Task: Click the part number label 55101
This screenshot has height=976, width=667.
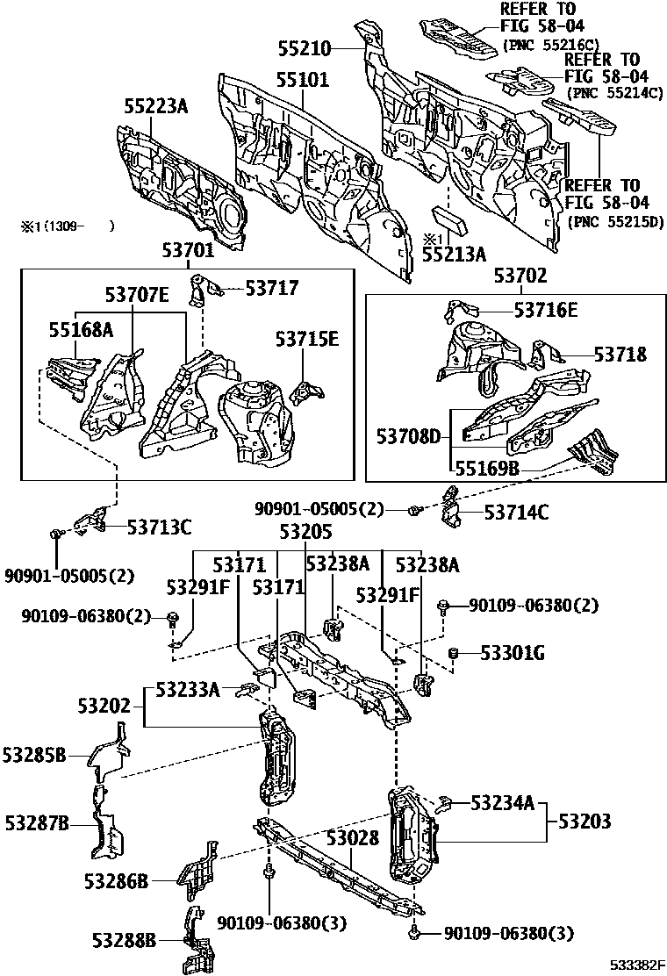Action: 303,81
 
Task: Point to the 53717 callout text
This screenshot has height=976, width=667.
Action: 272,287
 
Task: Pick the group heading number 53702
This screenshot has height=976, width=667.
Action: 519,276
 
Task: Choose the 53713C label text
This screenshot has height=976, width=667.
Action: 159,527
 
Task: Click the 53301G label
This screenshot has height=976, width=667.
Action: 513,653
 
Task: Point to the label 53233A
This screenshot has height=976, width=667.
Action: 188,689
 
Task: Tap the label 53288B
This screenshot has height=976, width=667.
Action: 124,940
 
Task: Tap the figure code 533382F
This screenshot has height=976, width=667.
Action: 639,965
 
